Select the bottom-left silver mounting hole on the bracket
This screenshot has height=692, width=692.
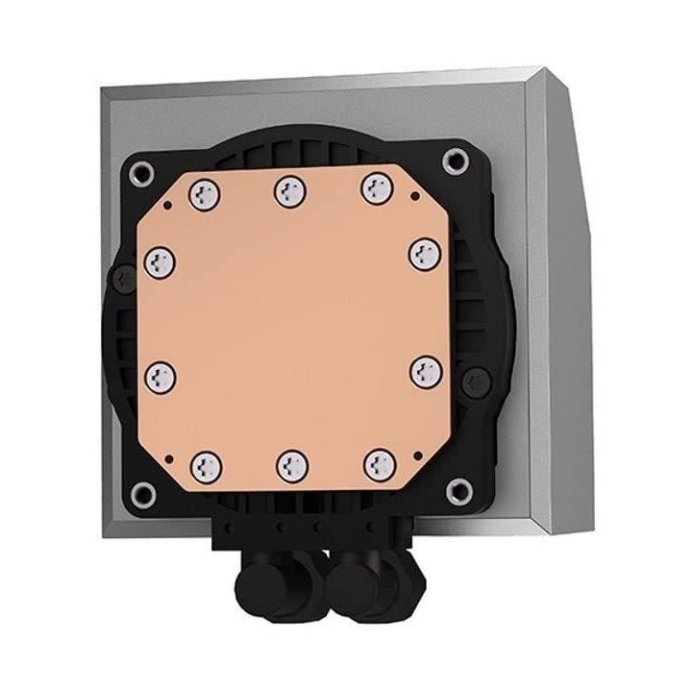145,494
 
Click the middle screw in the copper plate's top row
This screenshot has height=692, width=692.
286,191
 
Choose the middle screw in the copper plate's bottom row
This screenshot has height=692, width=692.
289,465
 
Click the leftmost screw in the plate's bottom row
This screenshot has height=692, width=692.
203,467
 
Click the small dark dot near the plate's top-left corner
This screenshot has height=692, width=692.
168,205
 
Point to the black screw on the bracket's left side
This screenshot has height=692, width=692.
121,278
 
